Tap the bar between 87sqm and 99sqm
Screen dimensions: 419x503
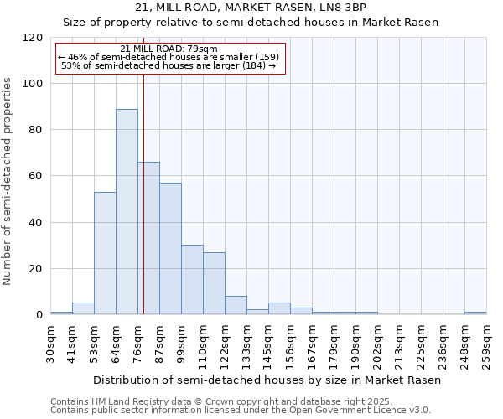(x=170, y=249)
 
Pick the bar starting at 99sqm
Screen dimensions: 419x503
(x=192, y=280)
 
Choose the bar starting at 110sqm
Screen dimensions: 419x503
(x=214, y=283)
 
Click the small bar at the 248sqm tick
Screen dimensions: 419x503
(x=475, y=313)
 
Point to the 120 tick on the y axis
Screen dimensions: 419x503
(x=33, y=38)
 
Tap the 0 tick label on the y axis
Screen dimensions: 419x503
(x=39, y=315)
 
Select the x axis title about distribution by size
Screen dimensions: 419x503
(x=267, y=380)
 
